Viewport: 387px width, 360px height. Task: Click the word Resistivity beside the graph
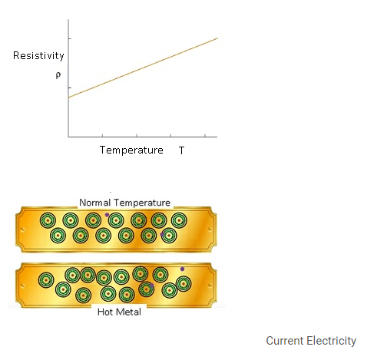pos(38,56)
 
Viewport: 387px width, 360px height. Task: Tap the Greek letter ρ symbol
pos(58,75)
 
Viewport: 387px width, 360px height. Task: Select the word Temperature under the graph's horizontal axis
pos(131,150)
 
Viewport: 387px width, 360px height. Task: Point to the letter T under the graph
pos(181,150)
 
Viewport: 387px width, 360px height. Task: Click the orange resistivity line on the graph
pos(143,68)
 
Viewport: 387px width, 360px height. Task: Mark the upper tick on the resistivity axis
pos(70,38)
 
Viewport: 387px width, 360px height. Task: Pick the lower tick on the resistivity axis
pos(70,88)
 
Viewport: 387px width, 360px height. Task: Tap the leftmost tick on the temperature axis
pos(102,135)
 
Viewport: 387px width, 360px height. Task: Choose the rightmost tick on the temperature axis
pos(205,135)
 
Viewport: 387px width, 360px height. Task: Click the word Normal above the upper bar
pos(95,203)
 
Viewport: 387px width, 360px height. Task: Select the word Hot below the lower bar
pos(105,312)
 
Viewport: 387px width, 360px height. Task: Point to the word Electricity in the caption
pos(332,341)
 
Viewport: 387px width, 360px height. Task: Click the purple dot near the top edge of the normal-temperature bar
pos(107,215)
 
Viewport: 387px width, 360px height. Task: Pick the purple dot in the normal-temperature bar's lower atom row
pos(162,234)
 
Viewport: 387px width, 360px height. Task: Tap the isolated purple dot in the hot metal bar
pos(182,269)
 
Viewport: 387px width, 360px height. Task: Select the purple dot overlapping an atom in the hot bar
pos(151,286)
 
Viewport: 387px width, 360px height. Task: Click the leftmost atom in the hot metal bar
pos(46,280)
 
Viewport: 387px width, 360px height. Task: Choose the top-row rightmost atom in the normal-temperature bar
pos(179,220)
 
